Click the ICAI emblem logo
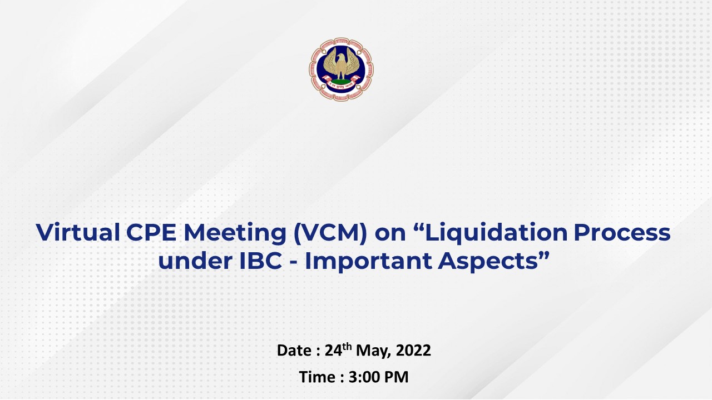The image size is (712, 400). point(341,69)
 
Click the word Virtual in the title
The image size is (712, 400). point(77,232)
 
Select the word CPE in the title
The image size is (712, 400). point(151,232)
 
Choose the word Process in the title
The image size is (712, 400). point(622,232)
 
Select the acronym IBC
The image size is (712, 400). point(261,261)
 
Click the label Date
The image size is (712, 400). point(294,351)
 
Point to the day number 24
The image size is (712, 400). point(333,351)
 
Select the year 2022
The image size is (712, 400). point(413,351)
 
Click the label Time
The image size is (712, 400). point(318,377)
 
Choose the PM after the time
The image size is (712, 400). point(397,377)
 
